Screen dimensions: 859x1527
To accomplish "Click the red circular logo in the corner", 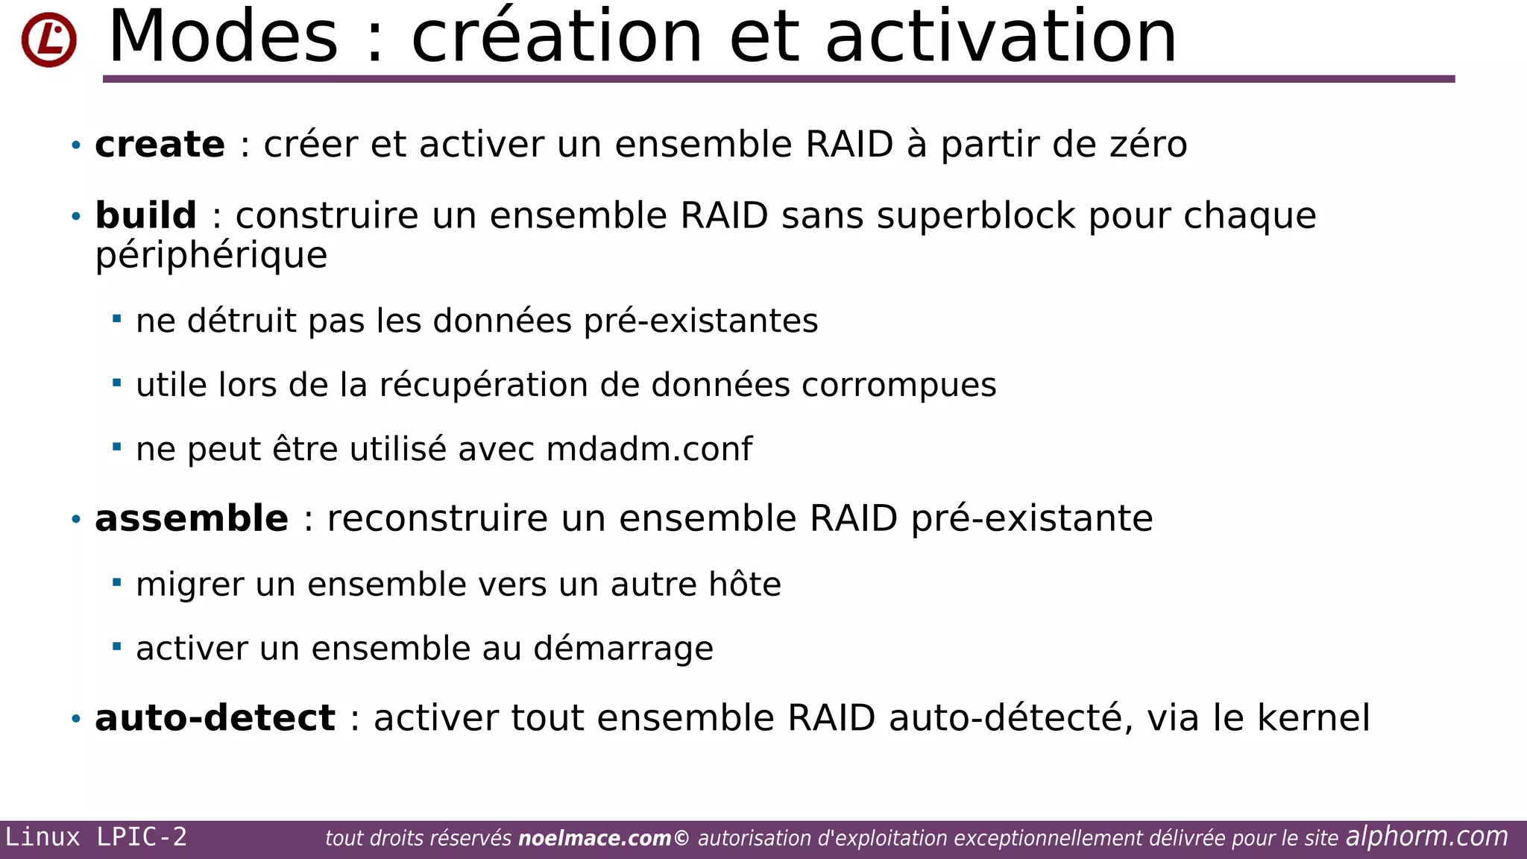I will pos(48,40).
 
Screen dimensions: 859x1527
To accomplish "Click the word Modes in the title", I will pos(223,37).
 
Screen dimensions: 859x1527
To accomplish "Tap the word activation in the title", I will pos(1001,37).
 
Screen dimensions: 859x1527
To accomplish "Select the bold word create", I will pos(160,145).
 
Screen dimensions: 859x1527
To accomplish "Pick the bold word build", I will pos(146,216).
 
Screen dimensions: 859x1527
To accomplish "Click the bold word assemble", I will pos(192,519).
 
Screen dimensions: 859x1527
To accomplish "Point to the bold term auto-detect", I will pos(215,719).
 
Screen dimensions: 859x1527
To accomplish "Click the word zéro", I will pos(1148,145).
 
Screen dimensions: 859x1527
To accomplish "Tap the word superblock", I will pos(976,216).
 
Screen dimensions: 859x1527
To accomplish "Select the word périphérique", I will pos(211,257).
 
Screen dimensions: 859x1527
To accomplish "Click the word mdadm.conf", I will pos(649,450).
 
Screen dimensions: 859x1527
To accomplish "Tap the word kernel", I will pos(1313,719).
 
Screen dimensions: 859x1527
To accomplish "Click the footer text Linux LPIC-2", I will pos(96,837).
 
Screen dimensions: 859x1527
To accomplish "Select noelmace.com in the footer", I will pos(594,839).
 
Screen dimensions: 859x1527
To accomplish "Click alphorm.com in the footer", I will pos(1426,837).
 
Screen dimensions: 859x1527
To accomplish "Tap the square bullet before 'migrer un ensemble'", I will pos(116,582).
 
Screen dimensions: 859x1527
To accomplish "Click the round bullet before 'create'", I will pos(75,145).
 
